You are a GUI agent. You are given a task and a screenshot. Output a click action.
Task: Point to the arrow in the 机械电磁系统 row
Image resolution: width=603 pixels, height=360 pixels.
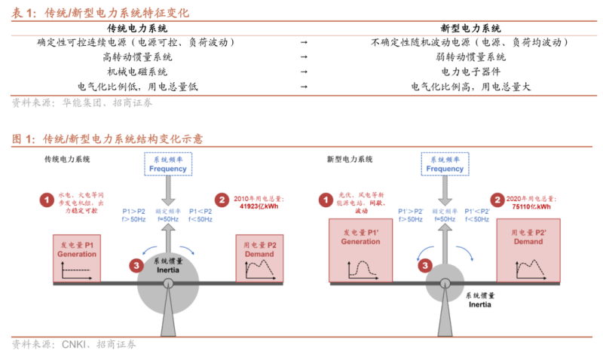304,72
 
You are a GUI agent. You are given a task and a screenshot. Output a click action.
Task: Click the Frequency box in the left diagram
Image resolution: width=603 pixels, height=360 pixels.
168,164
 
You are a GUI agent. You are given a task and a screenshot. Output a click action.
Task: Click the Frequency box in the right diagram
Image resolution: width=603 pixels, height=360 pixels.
445,164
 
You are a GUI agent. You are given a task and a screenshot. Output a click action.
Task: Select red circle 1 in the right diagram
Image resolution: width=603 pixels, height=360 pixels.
326,200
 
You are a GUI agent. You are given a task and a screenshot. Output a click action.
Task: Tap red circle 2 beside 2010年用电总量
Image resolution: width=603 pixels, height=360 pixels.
222,200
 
